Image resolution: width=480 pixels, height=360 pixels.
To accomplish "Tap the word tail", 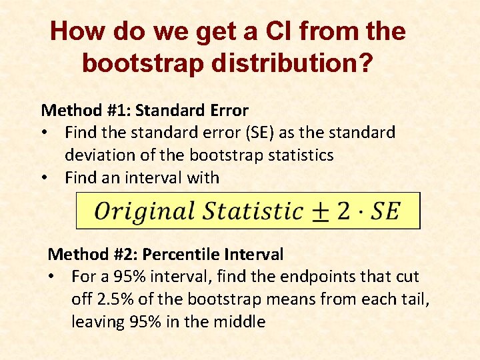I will click(413, 299).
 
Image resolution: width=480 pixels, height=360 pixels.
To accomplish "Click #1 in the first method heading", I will click(117, 111).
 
